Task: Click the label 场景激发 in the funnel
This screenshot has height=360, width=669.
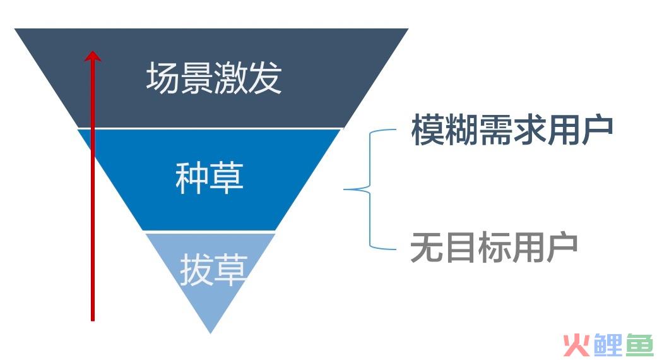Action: point(213,78)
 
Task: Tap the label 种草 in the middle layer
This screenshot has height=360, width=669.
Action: point(210,177)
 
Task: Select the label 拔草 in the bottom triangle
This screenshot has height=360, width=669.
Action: point(213,270)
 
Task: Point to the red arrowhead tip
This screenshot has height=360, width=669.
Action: point(92,51)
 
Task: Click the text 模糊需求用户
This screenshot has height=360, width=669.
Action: point(512,130)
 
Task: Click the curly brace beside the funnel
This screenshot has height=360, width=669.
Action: point(369,189)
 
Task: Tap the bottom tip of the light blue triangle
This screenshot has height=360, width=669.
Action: point(210,333)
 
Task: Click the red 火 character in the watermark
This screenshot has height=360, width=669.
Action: point(576,345)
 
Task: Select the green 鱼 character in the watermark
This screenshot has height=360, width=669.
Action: point(639,345)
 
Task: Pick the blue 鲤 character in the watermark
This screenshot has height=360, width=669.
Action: point(607,345)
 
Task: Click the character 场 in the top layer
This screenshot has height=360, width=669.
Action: point(163,78)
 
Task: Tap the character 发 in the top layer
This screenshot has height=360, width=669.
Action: point(264,78)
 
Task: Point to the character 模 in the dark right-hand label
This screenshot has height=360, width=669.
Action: point(427,130)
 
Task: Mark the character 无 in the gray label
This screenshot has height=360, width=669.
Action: point(427,247)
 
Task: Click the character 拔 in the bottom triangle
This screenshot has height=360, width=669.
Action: point(196,270)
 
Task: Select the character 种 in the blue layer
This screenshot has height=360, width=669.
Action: point(192,177)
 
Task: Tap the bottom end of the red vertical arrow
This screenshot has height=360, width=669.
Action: point(92,320)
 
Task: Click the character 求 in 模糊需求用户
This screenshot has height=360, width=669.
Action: point(529,130)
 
